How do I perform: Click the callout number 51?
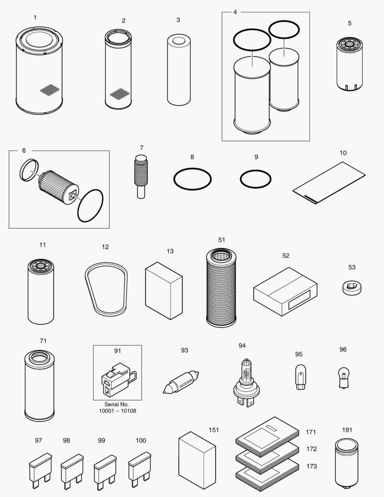click(222, 240)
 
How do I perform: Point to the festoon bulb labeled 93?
click(181, 381)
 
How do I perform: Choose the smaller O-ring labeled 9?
click(256, 179)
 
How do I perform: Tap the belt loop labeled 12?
click(106, 285)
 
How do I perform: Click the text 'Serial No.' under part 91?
click(117, 404)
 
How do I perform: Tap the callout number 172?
click(311, 449)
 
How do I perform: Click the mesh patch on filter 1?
click(50, 90)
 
